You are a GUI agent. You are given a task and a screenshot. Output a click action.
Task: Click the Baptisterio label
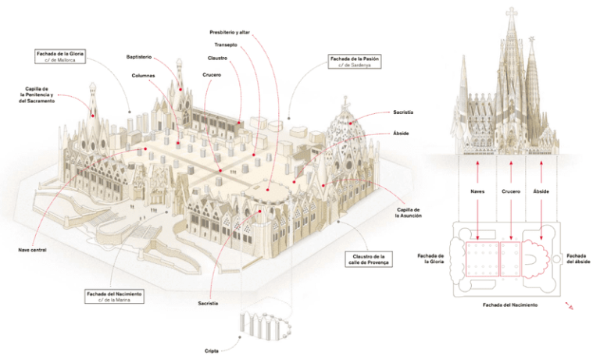tap(141, 57)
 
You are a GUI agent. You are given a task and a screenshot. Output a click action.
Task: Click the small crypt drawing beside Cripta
tap(262, 326)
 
